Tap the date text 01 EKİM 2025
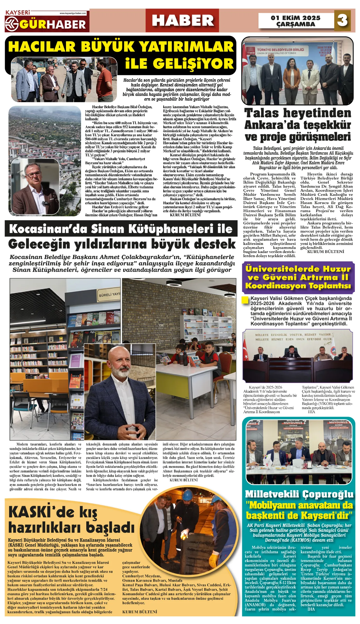tap(296, 18)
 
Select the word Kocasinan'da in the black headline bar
tap(48, 229)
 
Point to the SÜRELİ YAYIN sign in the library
tap(109, 295)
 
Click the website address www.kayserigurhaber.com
tap(73, 13)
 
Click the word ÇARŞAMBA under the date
tap(296, 24)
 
